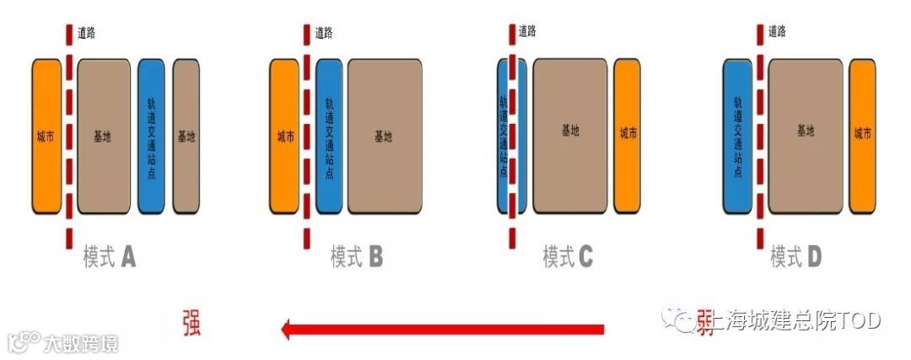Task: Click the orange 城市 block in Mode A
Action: [x=46, y=137]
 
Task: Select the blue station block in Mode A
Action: [x=152, y=137]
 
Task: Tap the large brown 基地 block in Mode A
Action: [x=104, y=137]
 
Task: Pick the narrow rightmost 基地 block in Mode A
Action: [x=186, y=137]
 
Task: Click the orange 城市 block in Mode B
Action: [x=285, y=137]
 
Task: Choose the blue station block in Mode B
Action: [x=330, y=137]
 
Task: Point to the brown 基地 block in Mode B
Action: [x=385, y=137]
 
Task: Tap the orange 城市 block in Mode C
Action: [x=628, y=135]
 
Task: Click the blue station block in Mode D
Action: [x=738, y=135]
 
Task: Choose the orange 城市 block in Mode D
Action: [x=863, y=135]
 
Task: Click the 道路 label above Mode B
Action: [x=324, y=33]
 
